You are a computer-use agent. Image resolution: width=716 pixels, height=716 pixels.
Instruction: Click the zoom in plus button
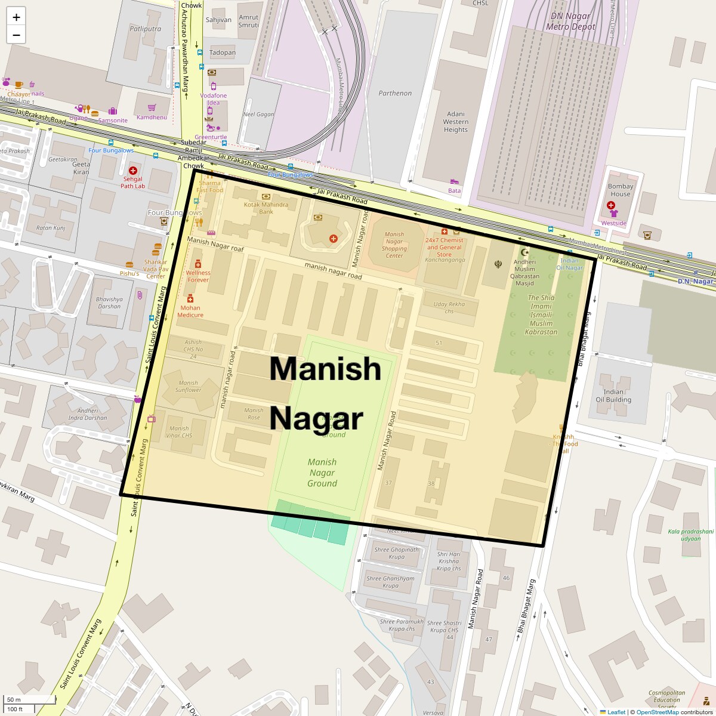[16, 17]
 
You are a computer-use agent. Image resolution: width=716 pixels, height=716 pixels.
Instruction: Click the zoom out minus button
[16, 35]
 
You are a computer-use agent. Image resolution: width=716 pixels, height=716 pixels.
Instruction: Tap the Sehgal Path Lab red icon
[132, 171]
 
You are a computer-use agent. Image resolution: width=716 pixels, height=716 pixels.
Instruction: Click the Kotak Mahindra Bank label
[266, 208]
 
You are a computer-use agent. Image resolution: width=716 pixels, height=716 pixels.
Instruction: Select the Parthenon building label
[395, 93]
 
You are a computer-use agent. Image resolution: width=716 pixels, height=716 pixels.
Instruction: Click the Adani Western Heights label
[455, 122]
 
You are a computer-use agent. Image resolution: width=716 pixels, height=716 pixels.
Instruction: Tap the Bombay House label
[620, 190]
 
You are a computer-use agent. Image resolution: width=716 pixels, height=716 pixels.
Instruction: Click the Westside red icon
[611, 205]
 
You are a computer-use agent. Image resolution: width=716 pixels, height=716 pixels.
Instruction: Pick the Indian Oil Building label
[613, 396]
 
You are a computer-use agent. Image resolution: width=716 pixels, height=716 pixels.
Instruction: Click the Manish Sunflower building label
[188, 386]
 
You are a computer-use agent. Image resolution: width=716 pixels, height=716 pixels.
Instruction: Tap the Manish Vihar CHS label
[179, 432]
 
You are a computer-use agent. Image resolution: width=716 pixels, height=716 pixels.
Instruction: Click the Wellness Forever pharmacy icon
[197, 264]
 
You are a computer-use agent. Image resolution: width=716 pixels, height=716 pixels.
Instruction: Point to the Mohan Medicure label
[190, 311]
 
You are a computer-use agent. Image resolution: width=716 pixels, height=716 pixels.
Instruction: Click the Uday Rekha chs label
[449, 307]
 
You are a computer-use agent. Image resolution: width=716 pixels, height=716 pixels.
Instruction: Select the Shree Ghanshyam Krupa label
[390, 582]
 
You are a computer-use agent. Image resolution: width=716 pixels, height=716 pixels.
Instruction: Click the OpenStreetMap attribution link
[657, 712]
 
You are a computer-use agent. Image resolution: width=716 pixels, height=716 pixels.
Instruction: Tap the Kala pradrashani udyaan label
[683, 534]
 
